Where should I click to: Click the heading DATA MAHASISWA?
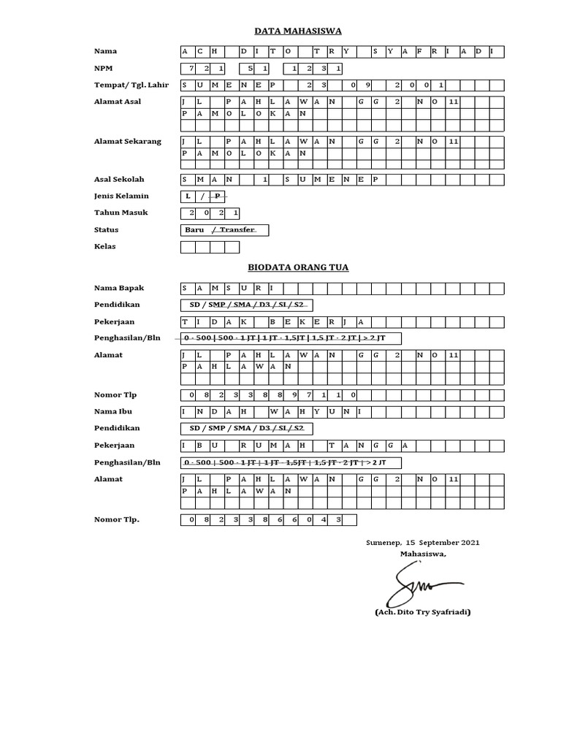pyautogui.click(x=297, y=31)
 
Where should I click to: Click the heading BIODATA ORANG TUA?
pyautogui.click(x=297, y=267)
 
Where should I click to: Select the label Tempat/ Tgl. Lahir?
pyautogui.click(x=131, y=85)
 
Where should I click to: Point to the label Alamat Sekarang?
pyautogui.click(x=128, y=141)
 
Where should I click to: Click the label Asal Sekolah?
pyautogui.click(x=119, y=179)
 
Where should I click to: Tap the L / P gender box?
pyautogui.click(x=204, y=196)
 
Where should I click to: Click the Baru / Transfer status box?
pyautogui.click(x=224, y=230)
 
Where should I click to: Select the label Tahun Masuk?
pyautogui.click(x=121, y=213)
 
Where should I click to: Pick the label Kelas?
pyautogui.click(x=104, y=246)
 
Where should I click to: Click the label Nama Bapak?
pyautogui.click(x=119, y=288)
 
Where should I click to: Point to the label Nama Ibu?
pyautogui.click(x=112, y=411)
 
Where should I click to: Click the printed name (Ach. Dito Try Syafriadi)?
pyautogui.click(x=422, y=612)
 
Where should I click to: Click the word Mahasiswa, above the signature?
pyautogui.click(x=422, y=554)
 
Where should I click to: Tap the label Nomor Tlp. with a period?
pyautogui.click(x=117, y=519)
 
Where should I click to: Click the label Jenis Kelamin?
pyautogui.click(x=121, y=196)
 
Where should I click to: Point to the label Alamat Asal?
pyautogui.click(x=117, y=102)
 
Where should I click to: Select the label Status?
pyautogui.click(x=106, y=230)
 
